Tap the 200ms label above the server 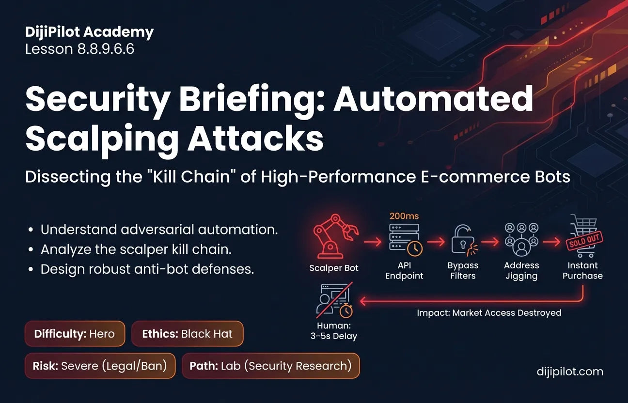(x=404, y=216)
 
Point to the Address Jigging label (x=521, y=270)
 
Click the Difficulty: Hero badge (x=75, y=334)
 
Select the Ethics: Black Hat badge (x=187, y=334)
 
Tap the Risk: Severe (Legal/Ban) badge (x=100, y=366)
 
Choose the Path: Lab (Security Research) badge (x=270, y=366)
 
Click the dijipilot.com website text (x=570, y=372)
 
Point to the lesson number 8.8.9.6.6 (x=106, y=49)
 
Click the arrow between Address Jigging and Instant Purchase (x=551, y=242)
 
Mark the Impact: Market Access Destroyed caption (x=489, y=313)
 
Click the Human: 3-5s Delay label (x=333, y=331)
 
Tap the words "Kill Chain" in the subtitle (x=191, y=177)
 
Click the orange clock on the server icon (x=415, y=248)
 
